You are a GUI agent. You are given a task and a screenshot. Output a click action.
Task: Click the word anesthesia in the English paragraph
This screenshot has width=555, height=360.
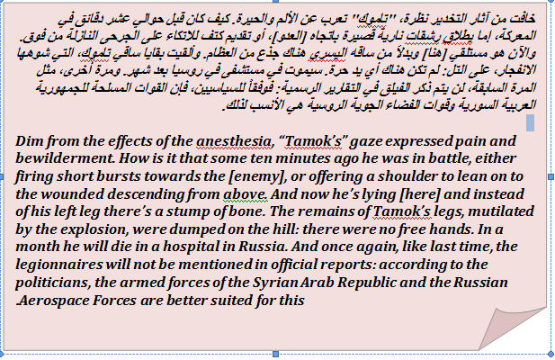tap(234, 141)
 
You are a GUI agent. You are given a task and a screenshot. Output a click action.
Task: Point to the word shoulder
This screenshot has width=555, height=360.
tap(412, 175)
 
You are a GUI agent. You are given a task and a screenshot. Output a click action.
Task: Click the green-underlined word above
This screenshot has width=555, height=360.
tap(245, 194)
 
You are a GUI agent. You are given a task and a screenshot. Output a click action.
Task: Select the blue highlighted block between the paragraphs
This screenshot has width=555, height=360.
tap(530, 122)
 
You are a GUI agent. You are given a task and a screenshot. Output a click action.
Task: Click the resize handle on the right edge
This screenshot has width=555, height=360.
tap(551, 176)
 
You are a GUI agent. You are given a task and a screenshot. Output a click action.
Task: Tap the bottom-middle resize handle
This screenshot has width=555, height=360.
tap(276, 354)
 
